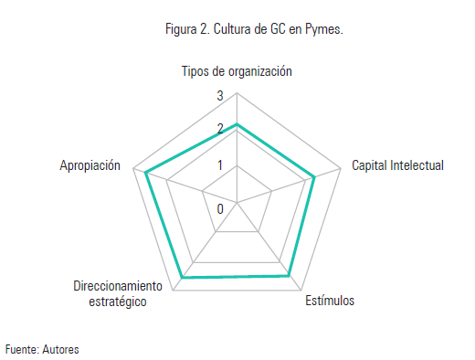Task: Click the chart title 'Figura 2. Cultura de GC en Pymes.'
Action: [253, 29]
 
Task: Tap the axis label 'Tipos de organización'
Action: [237, 72]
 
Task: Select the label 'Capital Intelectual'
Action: [397, 166]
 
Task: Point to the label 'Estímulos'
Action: [330, 302]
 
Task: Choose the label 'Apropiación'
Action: [90, 166]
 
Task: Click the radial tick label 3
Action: [219, 97]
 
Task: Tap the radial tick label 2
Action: [219, 131]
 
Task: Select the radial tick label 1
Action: [219, 165]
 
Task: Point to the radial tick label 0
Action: [220, 208]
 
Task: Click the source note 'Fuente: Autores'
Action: [42, 349]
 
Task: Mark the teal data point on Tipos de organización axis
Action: [237, 124]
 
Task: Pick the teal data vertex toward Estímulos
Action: [289, 274]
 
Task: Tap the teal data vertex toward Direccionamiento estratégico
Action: [184, 276]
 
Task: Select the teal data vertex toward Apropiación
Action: [146, 172]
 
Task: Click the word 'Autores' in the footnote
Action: [61, 349]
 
